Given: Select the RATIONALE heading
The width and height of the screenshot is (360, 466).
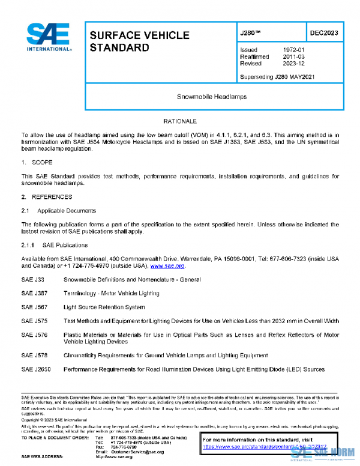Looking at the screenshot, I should pyautogui.click(x=179, y=121).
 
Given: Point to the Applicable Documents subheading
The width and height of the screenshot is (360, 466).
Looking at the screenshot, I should pyautogui.click(x=66, y=211).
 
